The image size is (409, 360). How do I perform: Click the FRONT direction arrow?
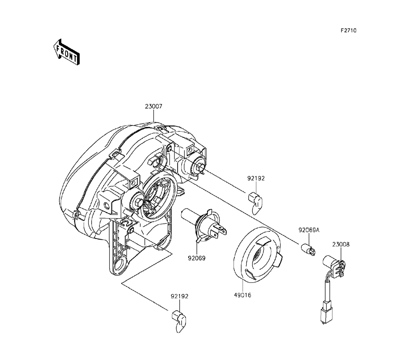click(67, 52)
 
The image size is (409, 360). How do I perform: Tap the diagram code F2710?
click(348, 31)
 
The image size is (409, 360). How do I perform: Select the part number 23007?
click(154, 106)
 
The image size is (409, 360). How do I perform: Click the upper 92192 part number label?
click(256, 178)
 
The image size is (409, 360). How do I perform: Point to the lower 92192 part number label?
click(180, 297)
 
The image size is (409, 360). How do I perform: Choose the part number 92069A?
click(309, 230)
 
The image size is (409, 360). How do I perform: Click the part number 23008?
click(341, 245)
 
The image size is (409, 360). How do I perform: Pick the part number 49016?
click(243, 295)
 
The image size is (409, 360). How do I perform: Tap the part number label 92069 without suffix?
click(197, 258)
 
